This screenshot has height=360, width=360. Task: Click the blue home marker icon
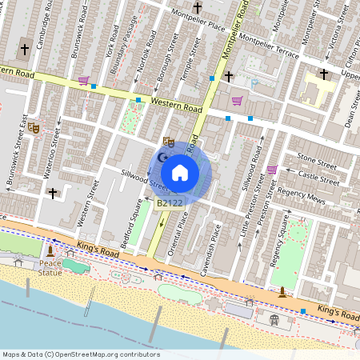pyautogui.click(x=180, y=172)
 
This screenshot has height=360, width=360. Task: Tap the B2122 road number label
pyautogui.click(x=170, y=203)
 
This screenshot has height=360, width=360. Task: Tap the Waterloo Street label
pyautogui.click(x=51, y=152)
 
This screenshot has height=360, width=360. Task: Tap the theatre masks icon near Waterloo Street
pyautogui.click(x=34, y=126)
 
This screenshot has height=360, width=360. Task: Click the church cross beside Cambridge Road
pyautogui.click(x=24, y=50)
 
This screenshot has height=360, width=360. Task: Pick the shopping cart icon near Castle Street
pyautogui.click(x=272, y=170)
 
